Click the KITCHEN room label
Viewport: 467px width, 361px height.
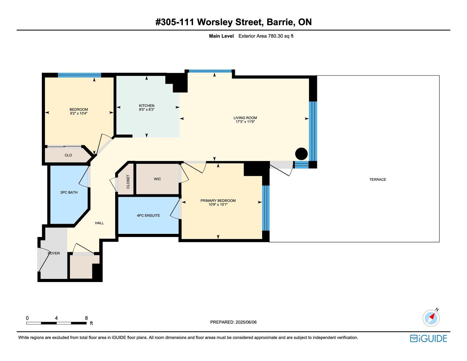(x=147, y=105)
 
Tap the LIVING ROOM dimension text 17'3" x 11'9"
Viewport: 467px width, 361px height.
(x=245, y=121)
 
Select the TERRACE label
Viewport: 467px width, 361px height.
(x=378, y=179)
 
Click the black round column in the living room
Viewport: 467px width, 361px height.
(x=301, y=154)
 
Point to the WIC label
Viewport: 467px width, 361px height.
(x=157, y=179)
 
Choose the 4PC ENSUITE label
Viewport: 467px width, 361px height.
(x=148, y=216)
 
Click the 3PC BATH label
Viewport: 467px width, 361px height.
(x=69, y=192)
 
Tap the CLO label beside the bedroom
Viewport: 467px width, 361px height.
(x=68, y=155)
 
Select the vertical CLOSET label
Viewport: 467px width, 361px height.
(x=128, y=182)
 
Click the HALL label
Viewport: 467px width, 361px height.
(x=99, y=223)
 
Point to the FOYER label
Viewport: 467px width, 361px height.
(x=54, y=253)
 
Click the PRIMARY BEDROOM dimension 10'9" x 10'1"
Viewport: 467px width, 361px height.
(x=218, y=205)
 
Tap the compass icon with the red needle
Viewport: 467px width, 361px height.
(x=431, y=318)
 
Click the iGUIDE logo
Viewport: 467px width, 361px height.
(x=428, y=338)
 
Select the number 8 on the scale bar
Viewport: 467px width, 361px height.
(x=86, y=318)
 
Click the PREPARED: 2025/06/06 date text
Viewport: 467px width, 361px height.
(x=233, y=322)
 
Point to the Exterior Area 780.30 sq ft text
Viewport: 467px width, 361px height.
(x=266, y=36)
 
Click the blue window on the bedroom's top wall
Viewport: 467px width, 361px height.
(x=79, y=75)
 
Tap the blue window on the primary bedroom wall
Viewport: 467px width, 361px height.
(x=266, y=208)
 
